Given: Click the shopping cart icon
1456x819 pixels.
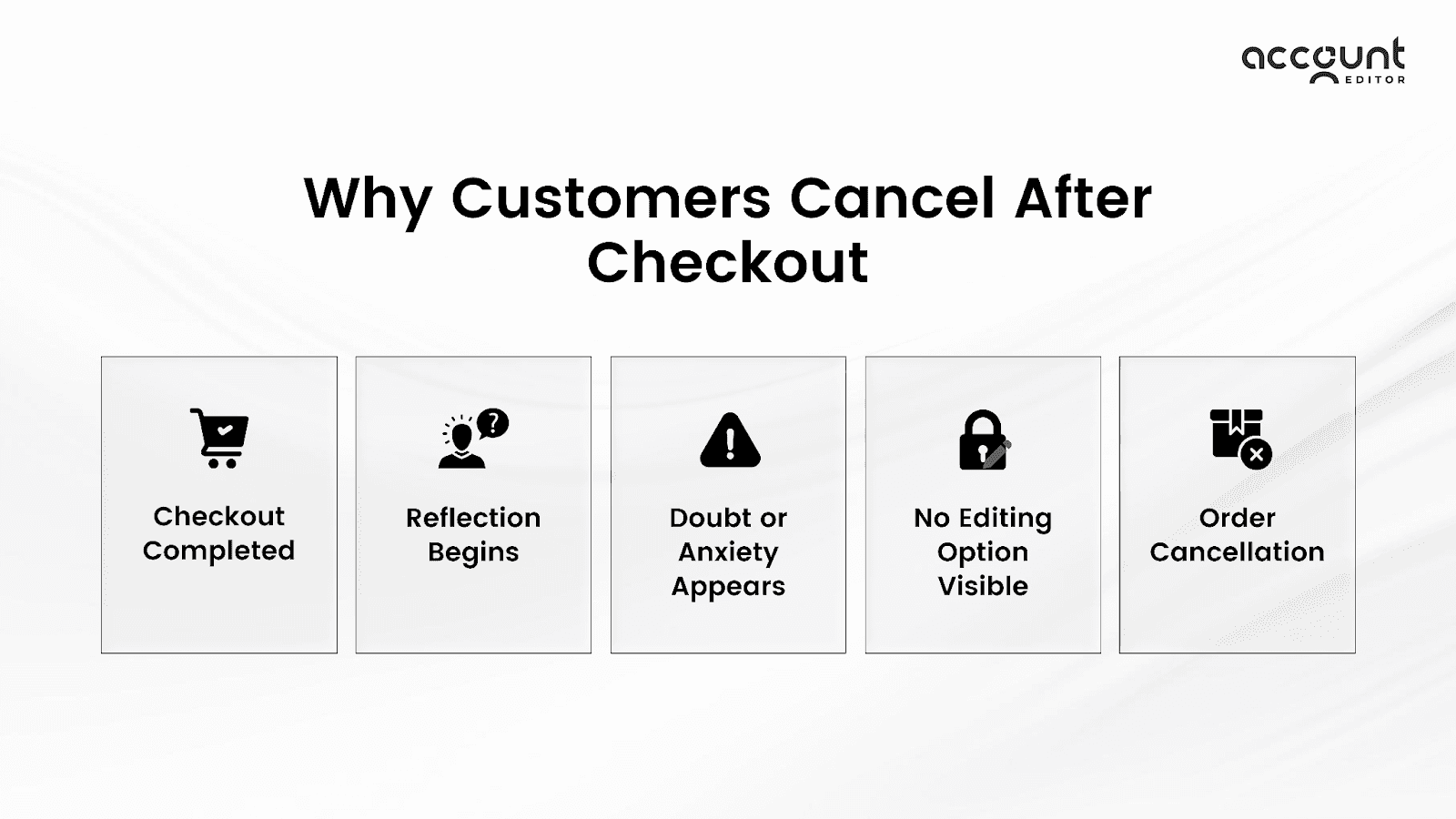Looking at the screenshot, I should pyautogui.click(x=219, y=438).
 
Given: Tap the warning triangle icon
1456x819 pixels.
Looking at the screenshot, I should pyautogui.click(x=730, y=440).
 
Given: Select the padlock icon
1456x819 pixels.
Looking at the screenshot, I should pyautogui.click(x=984, y=440).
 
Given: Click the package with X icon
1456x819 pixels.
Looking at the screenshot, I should pyautogui.click(x=1239, y=438).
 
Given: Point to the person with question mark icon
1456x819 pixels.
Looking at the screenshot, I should pyautogui.click(x=472, y=439).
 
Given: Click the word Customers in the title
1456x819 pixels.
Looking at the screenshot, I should pyautogui.click(x=611, y=197).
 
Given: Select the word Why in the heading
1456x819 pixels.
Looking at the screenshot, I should pyautogui.click(x=368, y=199).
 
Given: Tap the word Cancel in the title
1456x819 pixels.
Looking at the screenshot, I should pyautogui.click(x=892, y=197).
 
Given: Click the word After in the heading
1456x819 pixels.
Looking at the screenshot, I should pyautogui.click(x=1083, y=197).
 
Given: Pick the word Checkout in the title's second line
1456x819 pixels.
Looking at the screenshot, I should pyautogui.click(x=728, y=262).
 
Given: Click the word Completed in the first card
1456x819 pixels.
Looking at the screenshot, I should pyautogui.click(x=218, y=551).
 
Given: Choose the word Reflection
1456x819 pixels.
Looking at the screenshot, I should pyautogui.click(x=473, y=518).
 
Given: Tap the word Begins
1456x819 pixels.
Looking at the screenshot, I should pyautogui.click(x=473, y=552).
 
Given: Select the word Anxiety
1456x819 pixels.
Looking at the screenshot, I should pyautogui.click(x=728, y=552).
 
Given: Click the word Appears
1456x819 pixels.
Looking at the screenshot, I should pyautogui.click(x=728, y=587).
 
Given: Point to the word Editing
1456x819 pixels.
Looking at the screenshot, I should pyautogui.click(x=1005, y=518).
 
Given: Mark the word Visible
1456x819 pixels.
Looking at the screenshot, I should pyautogui.click(x=983, y=586).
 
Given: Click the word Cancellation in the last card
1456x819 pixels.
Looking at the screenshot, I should pyautogui.click(x=1237, y=551).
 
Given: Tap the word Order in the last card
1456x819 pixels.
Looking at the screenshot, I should pyautogui.click(x=1237, y=518).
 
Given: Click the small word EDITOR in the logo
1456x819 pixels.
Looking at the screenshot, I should pyautogui.click(x=1374, y=79).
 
